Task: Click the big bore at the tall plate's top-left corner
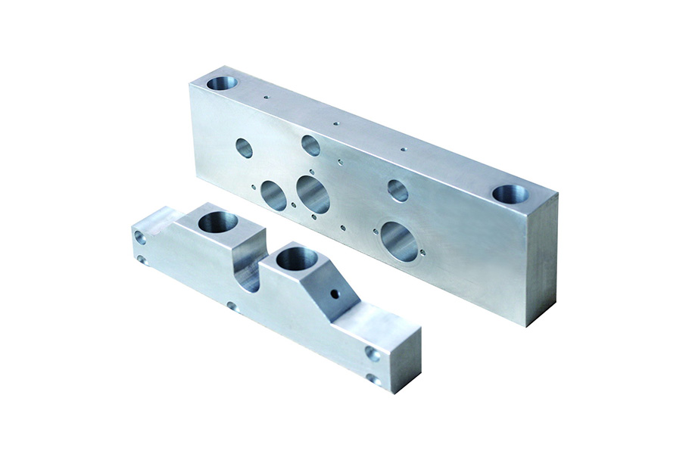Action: click(x=222, y=82)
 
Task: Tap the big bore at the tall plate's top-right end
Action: click(x=510, y=194)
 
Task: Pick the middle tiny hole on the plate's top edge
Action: click(x=335, y=123)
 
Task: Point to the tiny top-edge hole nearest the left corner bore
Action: click(x=266, y=97)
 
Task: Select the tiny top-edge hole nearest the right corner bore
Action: click(x=403, y=149)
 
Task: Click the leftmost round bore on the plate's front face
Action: click(x=244, y=148)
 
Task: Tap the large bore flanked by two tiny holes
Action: click(x=399, y=241)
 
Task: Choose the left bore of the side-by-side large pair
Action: click(x=273, y=195)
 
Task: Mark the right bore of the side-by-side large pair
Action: click(x=313, y=194)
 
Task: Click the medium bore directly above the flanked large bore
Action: click(x=397, y=190)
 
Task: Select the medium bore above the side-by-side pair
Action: click(x=310, y=145)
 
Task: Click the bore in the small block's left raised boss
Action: click(x=218, y=222)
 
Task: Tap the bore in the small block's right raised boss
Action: click(x=296, y=259)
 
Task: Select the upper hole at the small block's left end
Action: click(x=140, y=237)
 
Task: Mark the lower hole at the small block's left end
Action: click(x=142, y=260)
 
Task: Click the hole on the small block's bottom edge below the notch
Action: click(x=232, y=306)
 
